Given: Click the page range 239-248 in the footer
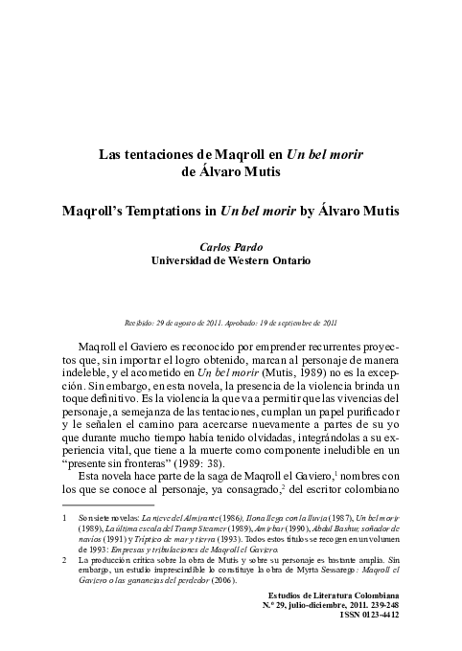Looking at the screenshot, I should (x=380, y=634).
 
